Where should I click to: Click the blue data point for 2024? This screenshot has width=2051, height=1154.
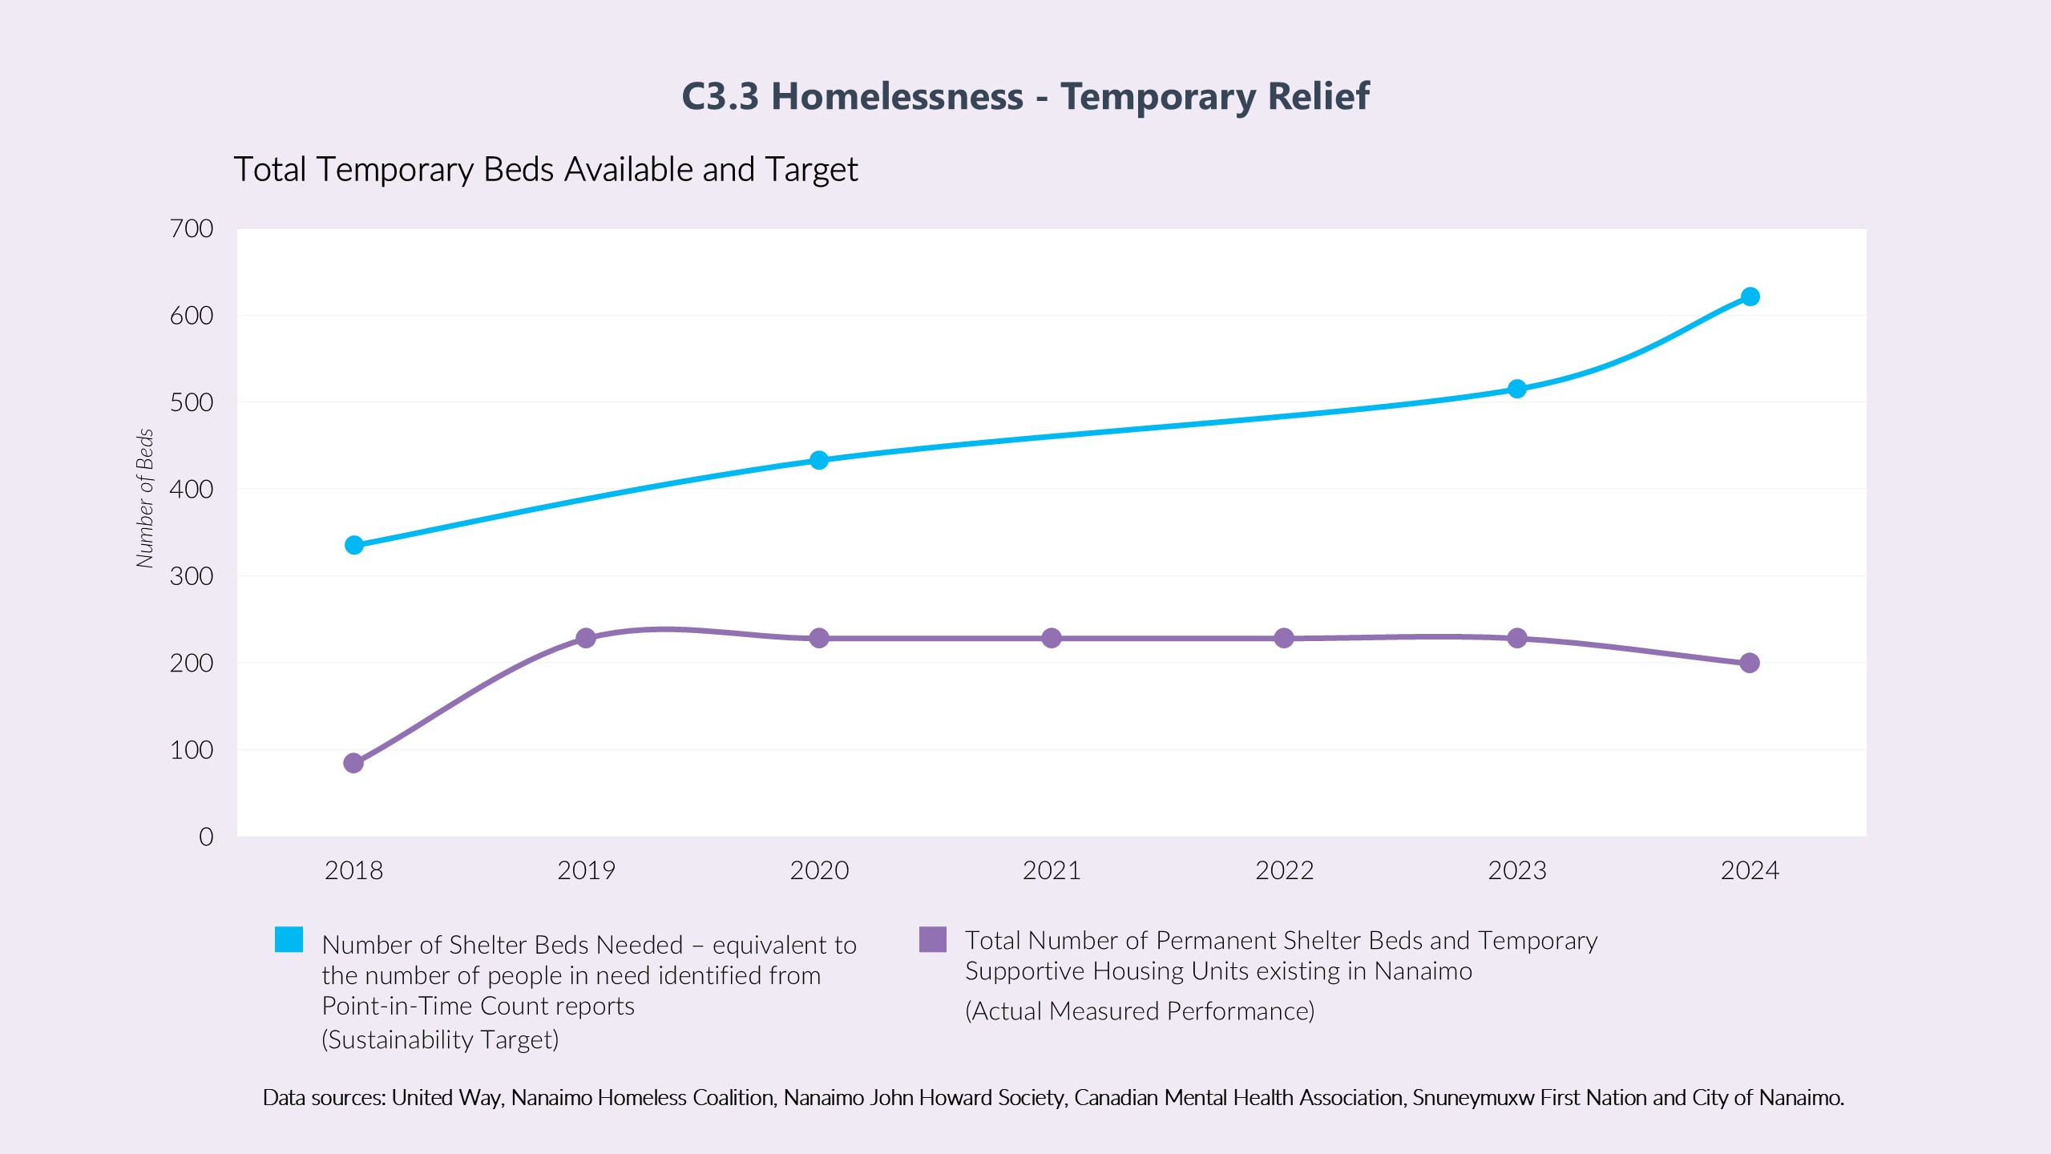click(1750, 297)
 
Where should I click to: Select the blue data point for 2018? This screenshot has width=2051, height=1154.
click(353, 545)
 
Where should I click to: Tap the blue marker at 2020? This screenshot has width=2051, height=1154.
click(818, 460)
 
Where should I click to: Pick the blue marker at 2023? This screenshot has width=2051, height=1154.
click(1516, 389)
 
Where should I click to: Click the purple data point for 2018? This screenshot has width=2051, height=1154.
click(353, 763)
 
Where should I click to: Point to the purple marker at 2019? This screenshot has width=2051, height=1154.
click(586, 638)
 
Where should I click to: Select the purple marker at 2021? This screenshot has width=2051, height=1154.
click(1052, 638)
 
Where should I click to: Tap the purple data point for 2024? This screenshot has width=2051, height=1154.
click(1750, 663)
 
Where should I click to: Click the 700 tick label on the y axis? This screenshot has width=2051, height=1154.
click(192, 229)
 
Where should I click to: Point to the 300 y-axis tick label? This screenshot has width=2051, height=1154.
click(192, 576)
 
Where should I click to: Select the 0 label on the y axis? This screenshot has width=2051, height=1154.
click(206, 837)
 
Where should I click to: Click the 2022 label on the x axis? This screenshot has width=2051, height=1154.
click(1284, 871)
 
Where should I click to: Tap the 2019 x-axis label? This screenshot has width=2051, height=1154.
click(586, 871)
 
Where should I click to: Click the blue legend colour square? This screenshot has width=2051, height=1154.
click(289, 939)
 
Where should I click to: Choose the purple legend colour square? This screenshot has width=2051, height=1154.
click(933, 939)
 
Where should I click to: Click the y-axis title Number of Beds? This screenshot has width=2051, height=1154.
click(145, 498)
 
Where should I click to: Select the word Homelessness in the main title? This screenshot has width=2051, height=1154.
click(897, 97)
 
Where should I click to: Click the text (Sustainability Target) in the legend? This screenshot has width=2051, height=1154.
click(440, 1040)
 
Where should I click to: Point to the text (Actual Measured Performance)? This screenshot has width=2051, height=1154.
click(1140, 1011)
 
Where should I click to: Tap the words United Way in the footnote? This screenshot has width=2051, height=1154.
click(446, 1098)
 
